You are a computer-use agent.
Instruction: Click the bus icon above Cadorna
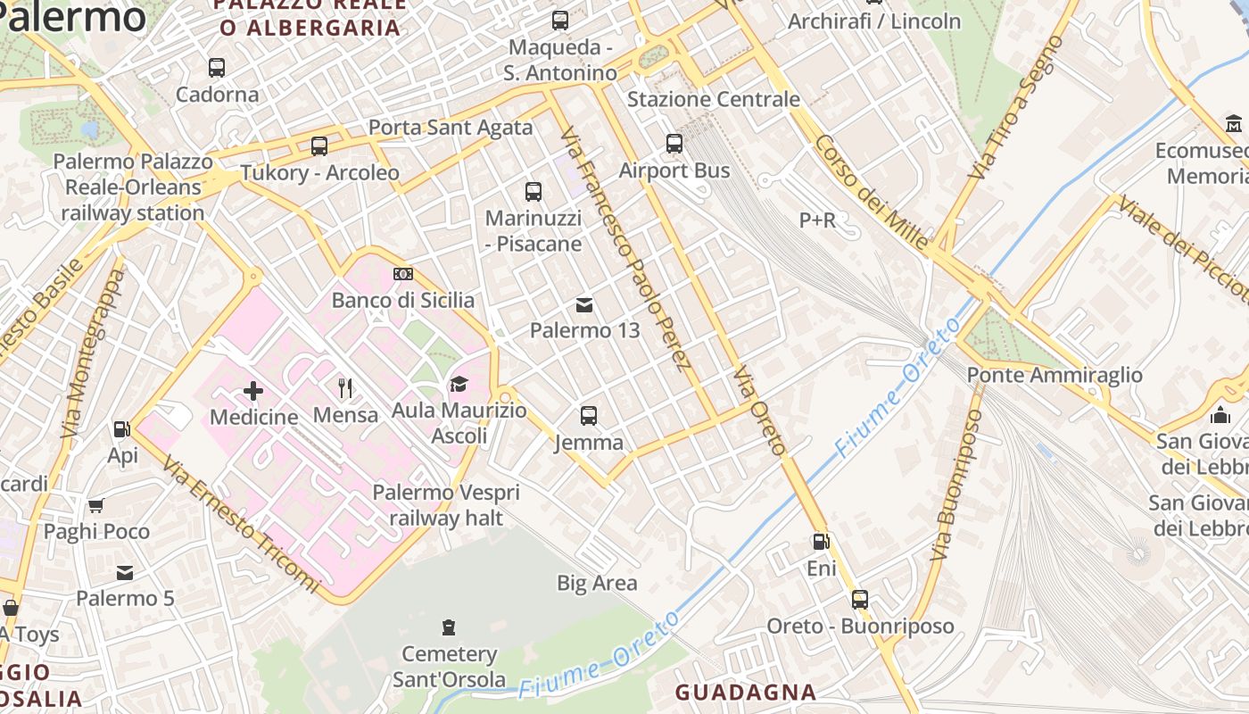click(216, 67)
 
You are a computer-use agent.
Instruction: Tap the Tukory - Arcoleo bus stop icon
click(318, 145)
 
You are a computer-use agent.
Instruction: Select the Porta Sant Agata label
click(451, 128)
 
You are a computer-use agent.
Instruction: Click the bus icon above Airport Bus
click(674, 143)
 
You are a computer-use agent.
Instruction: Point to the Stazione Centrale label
click(714, 99)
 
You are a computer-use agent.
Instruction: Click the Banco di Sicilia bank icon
click(403, 273)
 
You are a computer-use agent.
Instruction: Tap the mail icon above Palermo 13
click(584, 305)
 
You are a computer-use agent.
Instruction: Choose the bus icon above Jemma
click(588, 415)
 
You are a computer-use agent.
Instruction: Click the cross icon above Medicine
click(253, 390)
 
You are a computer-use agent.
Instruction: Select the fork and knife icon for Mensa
click(345, 387)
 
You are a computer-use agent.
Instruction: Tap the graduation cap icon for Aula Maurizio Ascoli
click(459, 385)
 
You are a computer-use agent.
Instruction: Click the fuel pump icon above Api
click(121, 429)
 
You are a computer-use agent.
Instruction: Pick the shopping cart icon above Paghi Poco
click(95, 505)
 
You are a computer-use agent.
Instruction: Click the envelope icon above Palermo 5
click(125, 572)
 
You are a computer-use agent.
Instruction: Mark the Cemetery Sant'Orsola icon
click(449, 627)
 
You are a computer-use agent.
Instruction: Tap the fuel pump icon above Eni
click(820, 541)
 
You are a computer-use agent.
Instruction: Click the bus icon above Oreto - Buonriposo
click(860, 599)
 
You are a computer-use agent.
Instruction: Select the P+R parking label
click(817, 220)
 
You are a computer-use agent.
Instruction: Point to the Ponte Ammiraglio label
click(1055, 375)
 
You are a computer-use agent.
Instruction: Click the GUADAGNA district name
click(745, 692)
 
